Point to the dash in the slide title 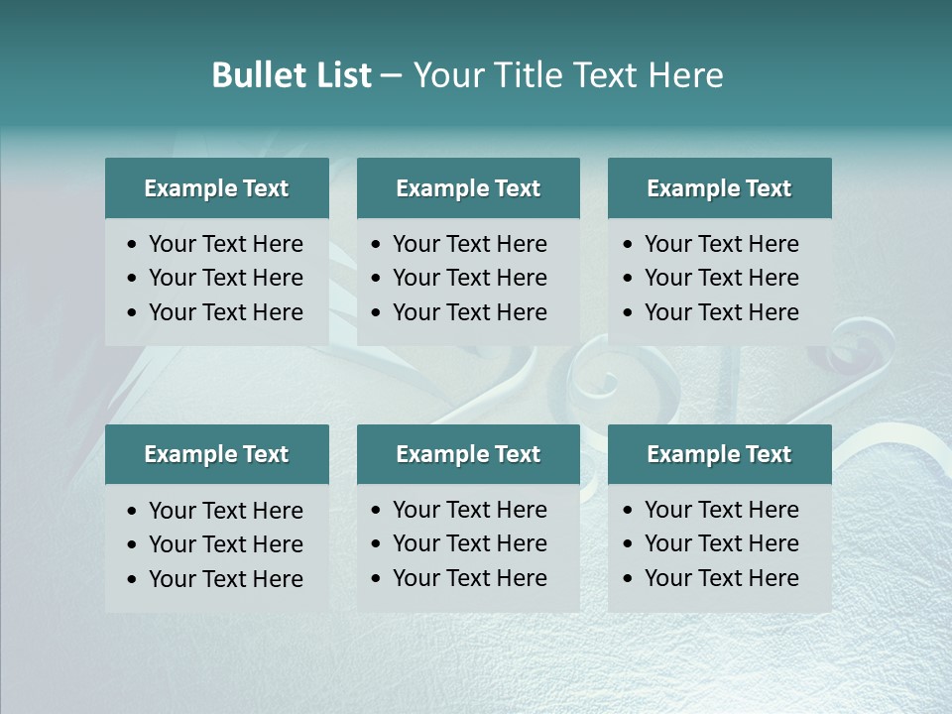391,76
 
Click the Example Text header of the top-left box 216,188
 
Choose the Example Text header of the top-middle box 468,188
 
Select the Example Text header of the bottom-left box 216,454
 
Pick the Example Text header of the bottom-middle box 468,454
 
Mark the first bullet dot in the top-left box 133,245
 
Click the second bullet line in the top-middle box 469,278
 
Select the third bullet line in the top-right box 721,312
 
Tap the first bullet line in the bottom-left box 225,511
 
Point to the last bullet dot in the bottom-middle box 377,579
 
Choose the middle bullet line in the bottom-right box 721,543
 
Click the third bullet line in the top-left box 225,312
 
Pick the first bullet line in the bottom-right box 721,510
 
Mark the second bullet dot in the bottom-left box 133,545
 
